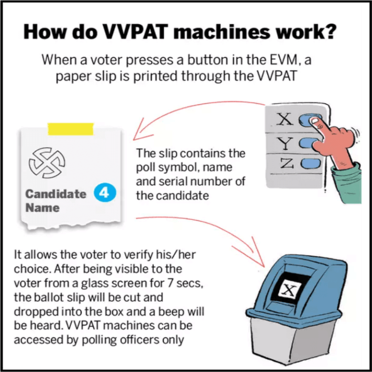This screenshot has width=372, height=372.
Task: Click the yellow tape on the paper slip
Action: [71, 128]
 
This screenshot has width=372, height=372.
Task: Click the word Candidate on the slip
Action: [56, 194]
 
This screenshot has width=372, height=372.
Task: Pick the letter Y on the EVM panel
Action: [286, 143]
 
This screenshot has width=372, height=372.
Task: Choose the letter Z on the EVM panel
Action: [286, 164]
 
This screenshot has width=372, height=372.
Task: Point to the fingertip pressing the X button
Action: [315, 121]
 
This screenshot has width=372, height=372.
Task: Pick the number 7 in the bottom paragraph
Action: [154, 281]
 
